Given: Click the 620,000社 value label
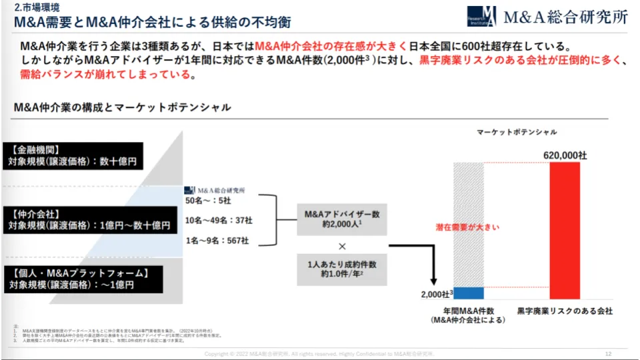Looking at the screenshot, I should pos(565,155).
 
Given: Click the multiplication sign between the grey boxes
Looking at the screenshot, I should pos(342,245).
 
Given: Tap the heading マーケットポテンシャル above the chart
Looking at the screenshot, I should pos(517,132).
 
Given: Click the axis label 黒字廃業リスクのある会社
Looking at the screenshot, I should pos(565,311).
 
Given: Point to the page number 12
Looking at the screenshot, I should pos(608,353).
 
